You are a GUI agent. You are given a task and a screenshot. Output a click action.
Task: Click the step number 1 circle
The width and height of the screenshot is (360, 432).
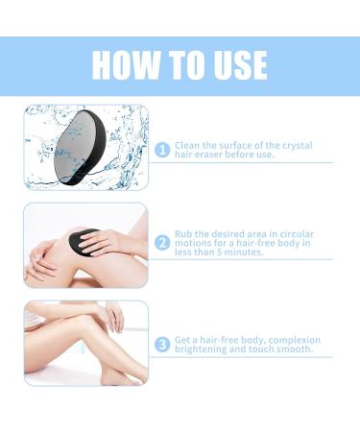pos(163,150)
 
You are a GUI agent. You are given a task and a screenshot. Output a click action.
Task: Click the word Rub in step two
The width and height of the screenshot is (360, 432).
pos(183,234)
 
